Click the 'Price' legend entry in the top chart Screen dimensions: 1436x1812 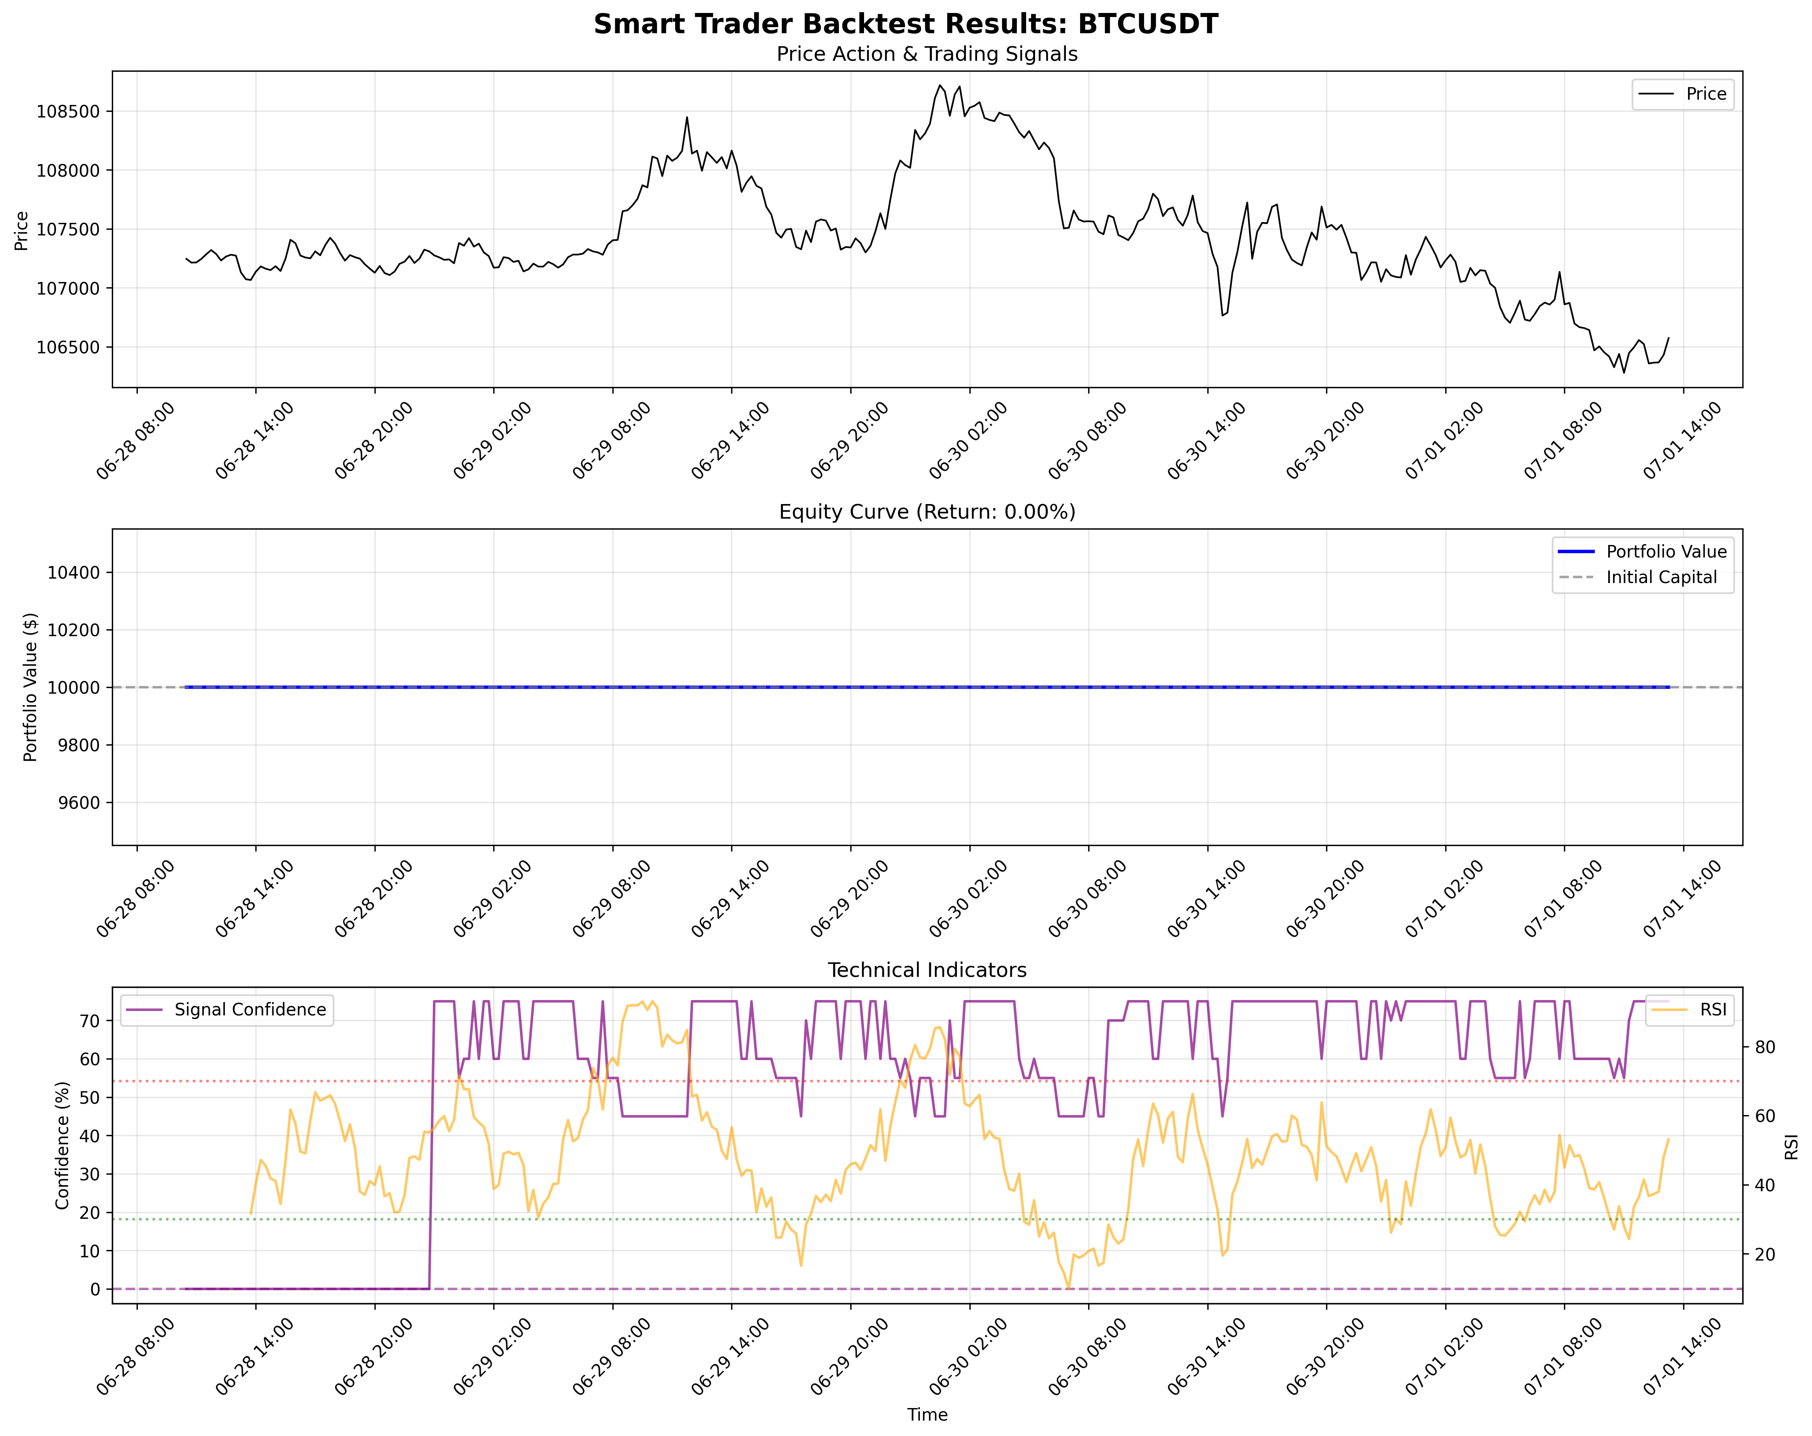click(x=1705, y=94)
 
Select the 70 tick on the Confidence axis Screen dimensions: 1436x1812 click(x=90, y=1021)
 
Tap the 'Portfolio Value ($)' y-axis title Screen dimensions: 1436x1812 click(x=31, y=687)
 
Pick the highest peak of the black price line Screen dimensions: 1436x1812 click(x=939, y=85)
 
